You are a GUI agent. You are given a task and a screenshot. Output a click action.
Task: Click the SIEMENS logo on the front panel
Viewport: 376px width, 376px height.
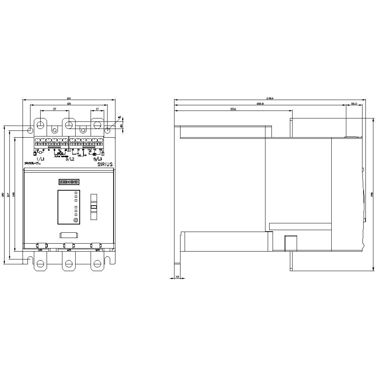pyautogui.click(x=69, y=182)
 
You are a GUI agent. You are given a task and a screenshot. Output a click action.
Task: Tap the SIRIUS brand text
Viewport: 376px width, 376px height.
pyautogui.click(x=105, y=164)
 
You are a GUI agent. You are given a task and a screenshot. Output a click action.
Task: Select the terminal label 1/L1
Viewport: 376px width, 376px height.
pyautogui.click(x=40, y=159)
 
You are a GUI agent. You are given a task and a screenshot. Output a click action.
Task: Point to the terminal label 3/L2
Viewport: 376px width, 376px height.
pyautogui.click(x=70, y=159)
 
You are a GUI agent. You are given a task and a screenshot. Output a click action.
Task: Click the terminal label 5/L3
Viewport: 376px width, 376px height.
pyautogui.click(x=97, y=159)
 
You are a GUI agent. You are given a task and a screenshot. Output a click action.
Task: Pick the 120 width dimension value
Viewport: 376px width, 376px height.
pyautogui.click(x=69, y=98)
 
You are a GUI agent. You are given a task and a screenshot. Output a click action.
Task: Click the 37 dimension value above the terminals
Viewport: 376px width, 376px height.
pyautogui.click(x=55, y=109)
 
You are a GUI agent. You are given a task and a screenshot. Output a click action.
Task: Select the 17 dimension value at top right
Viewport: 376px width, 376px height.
pyautogui.click(x=97, y=109)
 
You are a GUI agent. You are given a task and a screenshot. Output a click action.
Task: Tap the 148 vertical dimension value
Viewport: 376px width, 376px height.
pyautogui.click(x=13, y=194)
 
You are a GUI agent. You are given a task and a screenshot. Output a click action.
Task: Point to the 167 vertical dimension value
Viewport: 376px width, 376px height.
pyautogui.click(x=8, y=194)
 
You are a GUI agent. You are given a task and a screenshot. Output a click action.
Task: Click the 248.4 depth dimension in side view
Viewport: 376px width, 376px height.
pyautogui.click(x=270, y=98)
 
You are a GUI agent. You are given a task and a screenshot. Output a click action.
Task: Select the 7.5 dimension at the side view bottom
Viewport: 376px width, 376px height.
pyautogui.click(x=177, y=277)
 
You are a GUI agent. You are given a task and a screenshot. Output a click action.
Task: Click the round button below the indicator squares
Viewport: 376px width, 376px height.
pyautogui.click(x=76, y=220)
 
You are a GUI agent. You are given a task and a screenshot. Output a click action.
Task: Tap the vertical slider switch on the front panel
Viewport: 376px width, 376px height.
pyautogui.click(x=94, y=207)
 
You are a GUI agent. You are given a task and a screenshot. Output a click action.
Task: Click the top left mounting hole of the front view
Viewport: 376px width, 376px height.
pyautogui.click(x=30, y=130)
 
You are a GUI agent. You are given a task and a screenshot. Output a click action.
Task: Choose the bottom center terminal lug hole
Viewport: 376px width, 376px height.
pyautogui.click(x=68, y=263)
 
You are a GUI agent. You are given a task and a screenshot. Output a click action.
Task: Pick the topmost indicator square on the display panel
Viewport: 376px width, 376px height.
pyautogui.click(x=76, y=193)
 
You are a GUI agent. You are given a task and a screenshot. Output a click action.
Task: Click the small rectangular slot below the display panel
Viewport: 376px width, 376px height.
pyautogui.click(x=69, y=235)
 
